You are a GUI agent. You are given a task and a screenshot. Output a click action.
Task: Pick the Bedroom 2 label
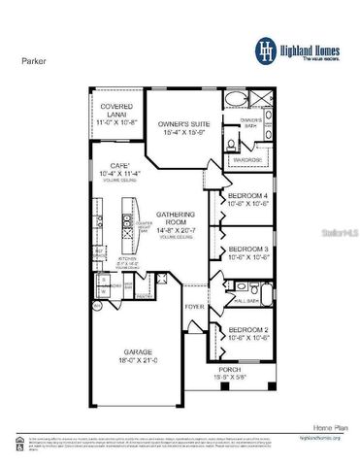click(247, 331)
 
